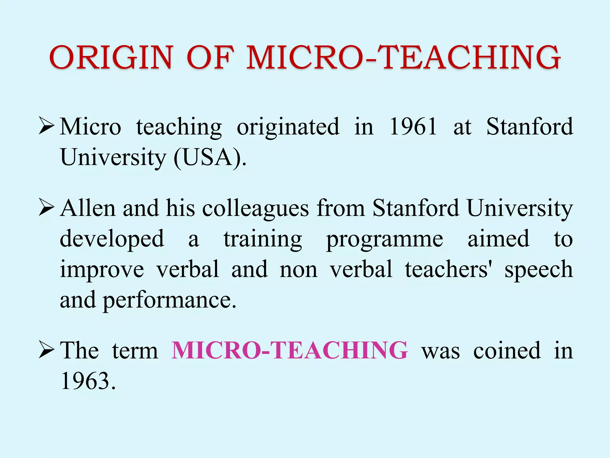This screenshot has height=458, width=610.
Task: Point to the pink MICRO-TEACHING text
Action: point(290,350)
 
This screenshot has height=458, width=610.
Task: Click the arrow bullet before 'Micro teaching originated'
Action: point(46,126)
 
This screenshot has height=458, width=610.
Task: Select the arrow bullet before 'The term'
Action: point(46,350)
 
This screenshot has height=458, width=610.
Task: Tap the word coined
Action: point(507,351)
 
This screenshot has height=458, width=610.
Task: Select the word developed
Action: point(112,239)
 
